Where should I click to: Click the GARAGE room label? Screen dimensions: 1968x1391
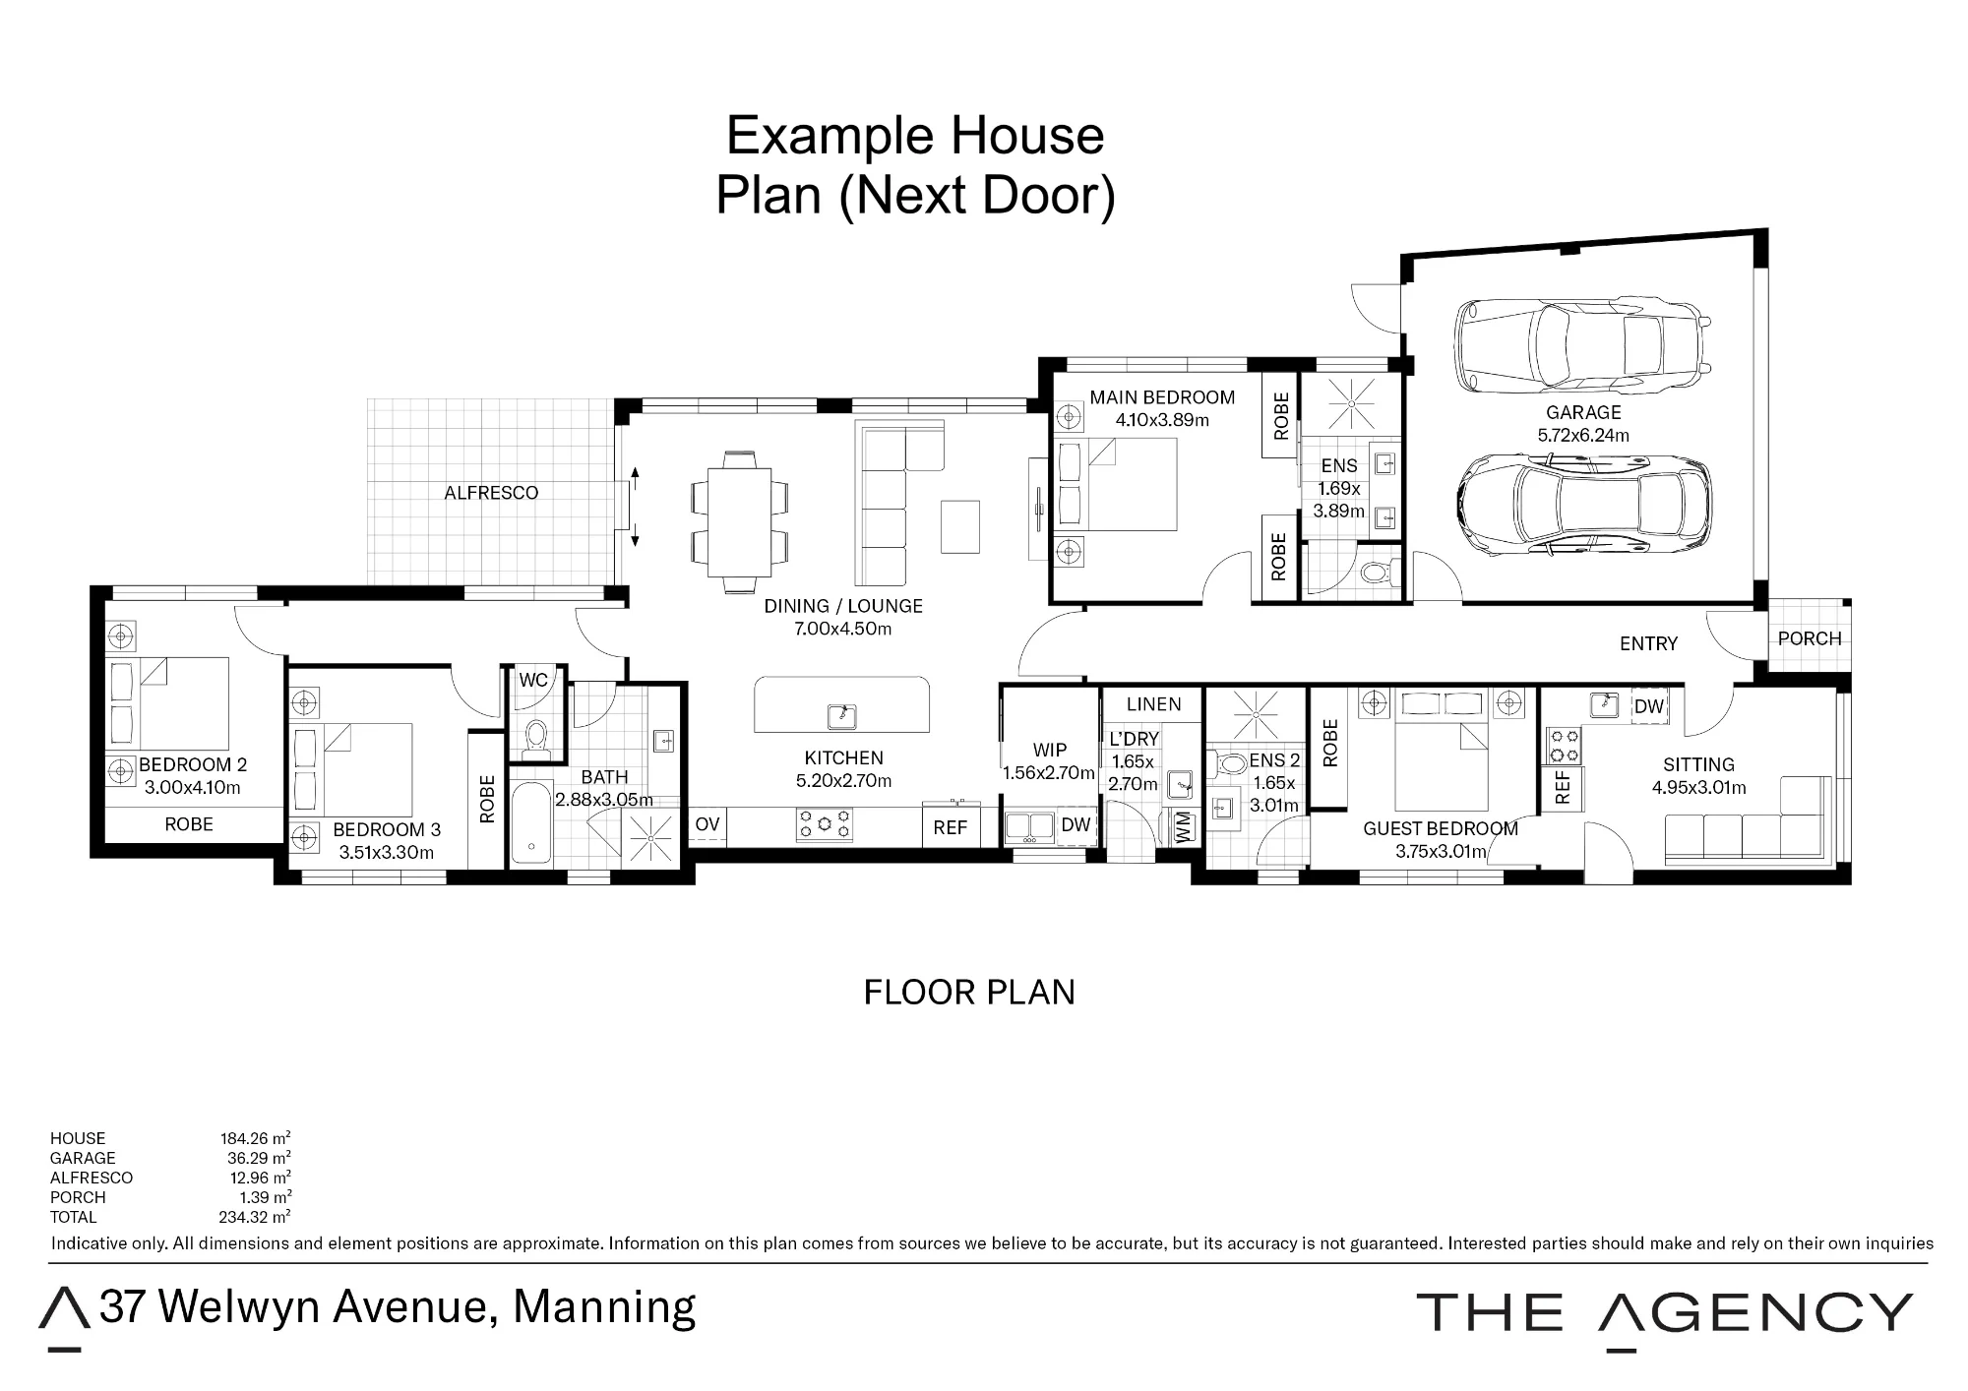(x=1583, y=412)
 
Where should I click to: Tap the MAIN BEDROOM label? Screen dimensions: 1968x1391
(x=1162, y=397)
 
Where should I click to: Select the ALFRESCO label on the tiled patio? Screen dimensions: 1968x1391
(x=491, y=493)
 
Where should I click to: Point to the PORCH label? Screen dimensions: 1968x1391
(x=1810, y=638)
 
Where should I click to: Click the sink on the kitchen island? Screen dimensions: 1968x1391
(x=841, y=715)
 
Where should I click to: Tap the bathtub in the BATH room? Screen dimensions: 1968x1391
(x=531, y=822)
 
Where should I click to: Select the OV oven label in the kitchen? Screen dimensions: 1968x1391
(x=707, y=825)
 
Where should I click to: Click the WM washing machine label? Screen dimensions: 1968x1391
(x=1183, y=826)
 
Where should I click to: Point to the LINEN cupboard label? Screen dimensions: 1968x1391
(x=1153, y=704)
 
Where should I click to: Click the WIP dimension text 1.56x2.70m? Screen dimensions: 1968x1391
(x=1049, y=773)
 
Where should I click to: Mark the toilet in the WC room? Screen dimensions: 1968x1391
(x=536, y=739)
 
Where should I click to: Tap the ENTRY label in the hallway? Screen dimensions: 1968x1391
(x=1648, y=643)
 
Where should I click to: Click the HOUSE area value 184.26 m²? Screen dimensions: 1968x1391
(x=255, y=1138)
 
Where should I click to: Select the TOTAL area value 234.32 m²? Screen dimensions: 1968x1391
(x=255, y=1217)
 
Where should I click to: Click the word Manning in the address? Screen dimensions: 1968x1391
(x=604, y=1306)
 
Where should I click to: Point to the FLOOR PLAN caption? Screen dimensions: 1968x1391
(x=969, y=993)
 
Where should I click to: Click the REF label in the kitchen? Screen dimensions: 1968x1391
(x=950, y=828)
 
